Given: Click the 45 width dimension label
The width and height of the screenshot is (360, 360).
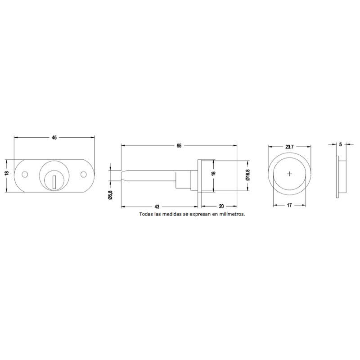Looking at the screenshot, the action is [x=54, y=138].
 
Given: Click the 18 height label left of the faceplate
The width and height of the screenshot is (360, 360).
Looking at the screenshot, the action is [x=7, y=173].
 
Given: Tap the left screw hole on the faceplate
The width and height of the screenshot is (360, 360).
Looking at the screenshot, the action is [x=25, y=175].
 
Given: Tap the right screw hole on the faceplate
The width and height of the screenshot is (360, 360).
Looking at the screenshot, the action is [x=84, y=175].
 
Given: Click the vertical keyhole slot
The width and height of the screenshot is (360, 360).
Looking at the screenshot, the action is [x=54, y=182].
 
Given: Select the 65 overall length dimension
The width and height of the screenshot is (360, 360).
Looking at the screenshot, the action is [x=179, y=145].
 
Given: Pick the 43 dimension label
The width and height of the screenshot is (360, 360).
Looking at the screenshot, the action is [x=157, y=207].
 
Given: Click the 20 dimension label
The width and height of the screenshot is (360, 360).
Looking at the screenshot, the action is [x=221, y=207].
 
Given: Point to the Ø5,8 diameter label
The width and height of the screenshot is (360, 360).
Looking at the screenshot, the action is [x=110, y=195].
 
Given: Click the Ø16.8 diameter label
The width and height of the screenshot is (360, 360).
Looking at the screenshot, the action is [x=248, y=175].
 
